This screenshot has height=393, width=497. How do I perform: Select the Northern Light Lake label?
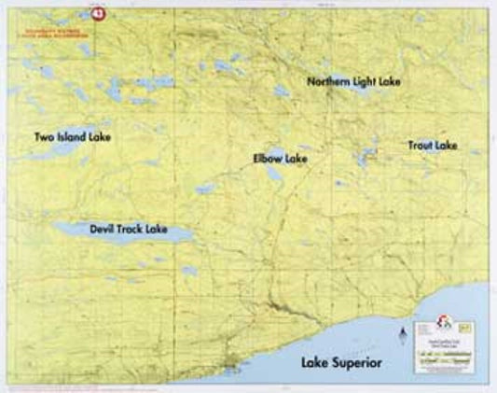[x=354, y=82]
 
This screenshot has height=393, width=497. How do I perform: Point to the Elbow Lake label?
[x=280, y=160]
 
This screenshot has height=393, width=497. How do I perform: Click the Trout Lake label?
[x=432, y=146]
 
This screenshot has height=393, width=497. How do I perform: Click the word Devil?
[x=105, y=228]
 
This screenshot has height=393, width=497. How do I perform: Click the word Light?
[x=366, y=82]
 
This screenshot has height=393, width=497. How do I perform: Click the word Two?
[x=43, y=137]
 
